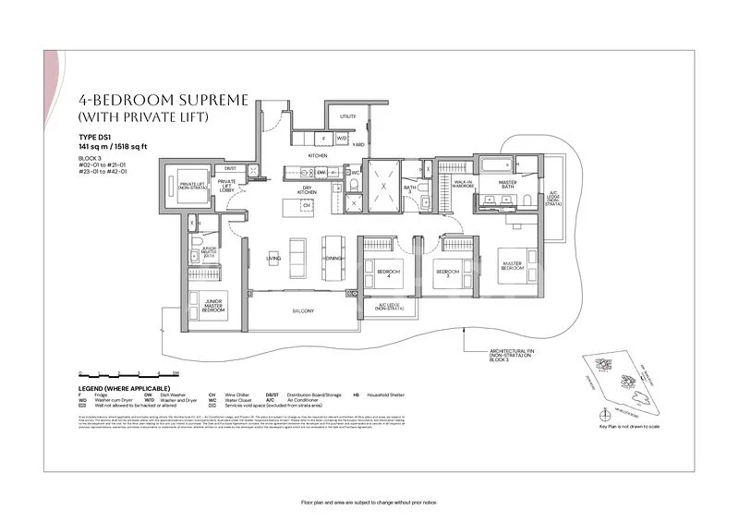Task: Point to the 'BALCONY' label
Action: (x=304, y=311)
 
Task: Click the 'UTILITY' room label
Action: (x=347, y=117)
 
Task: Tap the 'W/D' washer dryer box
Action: (x=342, y=139)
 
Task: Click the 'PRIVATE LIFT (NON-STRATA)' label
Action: (x=191, y=186)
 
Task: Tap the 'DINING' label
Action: (x=333, y=258)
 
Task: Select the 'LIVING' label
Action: (x=273, y=259)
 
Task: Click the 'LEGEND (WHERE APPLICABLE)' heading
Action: (x=125, y=388)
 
